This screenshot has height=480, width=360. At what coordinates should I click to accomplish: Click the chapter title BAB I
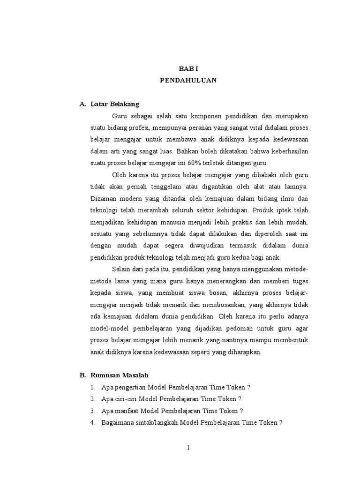[x=188, y=68]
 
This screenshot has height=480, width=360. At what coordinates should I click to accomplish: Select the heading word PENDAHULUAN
[x=188, y=80]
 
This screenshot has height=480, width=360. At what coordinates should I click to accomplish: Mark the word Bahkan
[x=186, y=151]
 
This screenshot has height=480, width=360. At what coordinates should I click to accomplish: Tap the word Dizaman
[x=103, y=198]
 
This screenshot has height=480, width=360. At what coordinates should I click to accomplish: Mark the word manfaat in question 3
[x=126, y=411]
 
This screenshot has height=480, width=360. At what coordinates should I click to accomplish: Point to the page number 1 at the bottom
[x=188, y=448]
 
